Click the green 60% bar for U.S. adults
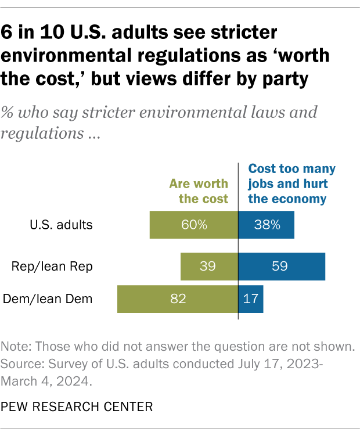[x=193, y=225]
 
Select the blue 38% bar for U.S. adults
[x=267, y=225]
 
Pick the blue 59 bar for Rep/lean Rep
[x=282, y=267]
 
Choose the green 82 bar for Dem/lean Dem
[x=178, y=299]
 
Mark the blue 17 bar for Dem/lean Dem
[x=251, y=299]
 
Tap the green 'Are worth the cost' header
[x=199, y=191]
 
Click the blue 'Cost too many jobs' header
[x=291, y=183]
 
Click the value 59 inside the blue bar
[x=282, y=267]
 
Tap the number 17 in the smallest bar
[x=251, y=299]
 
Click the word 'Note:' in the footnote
[x=16, y=347]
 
